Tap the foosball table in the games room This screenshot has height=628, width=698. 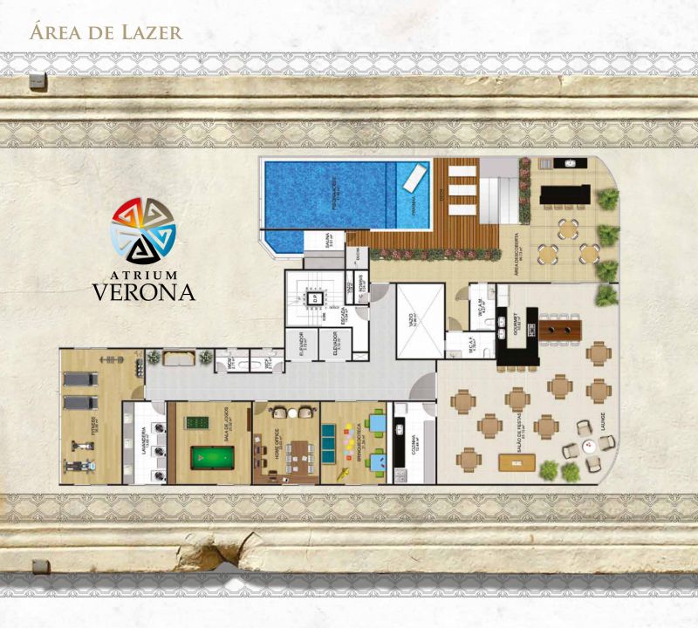coord(196,424)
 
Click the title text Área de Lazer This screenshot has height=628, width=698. coord(106,34)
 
